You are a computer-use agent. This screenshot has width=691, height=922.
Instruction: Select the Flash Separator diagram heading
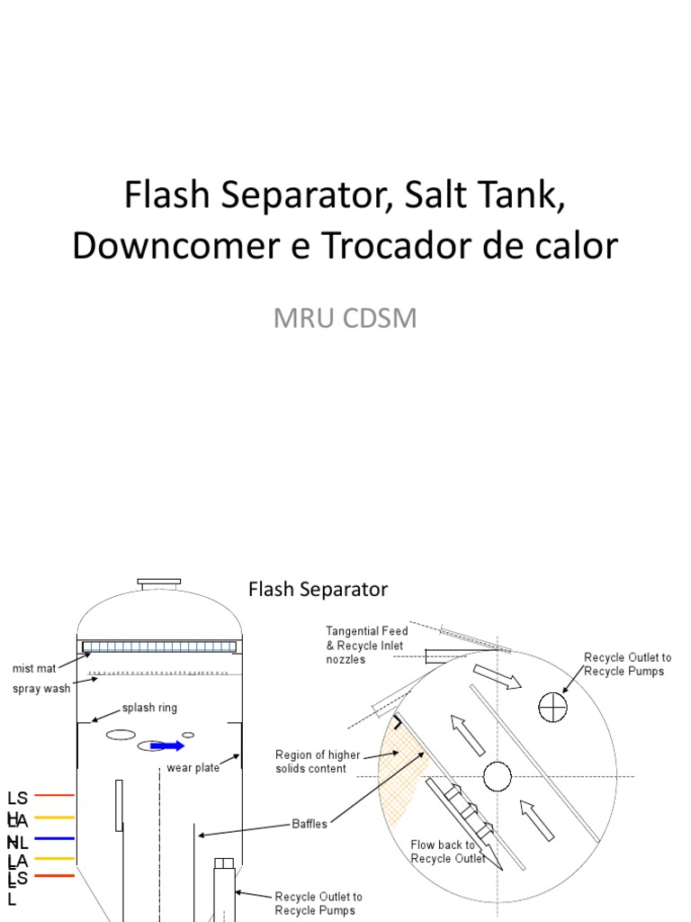(318, 589)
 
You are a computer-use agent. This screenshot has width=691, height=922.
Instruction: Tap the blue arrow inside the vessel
(167, 746)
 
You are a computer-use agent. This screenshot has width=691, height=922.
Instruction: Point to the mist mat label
(33, 668)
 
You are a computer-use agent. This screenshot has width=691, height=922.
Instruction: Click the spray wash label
(40, 690)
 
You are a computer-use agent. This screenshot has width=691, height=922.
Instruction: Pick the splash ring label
(149, 708)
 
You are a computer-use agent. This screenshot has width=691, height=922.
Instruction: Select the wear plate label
(193, 768)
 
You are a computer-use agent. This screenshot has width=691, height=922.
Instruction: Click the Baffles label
(310, 824)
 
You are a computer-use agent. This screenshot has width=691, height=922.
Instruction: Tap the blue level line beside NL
(54, 839)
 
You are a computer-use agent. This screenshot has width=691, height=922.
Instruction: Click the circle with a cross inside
(552, 709)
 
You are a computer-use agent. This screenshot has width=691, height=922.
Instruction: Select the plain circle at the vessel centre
(497, 775)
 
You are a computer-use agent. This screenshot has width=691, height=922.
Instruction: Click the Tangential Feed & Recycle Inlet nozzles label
(366, 646)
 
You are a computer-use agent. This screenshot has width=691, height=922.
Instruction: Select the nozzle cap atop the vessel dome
(158, 583)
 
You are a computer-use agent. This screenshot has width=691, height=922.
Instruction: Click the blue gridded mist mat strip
(160, 646)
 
